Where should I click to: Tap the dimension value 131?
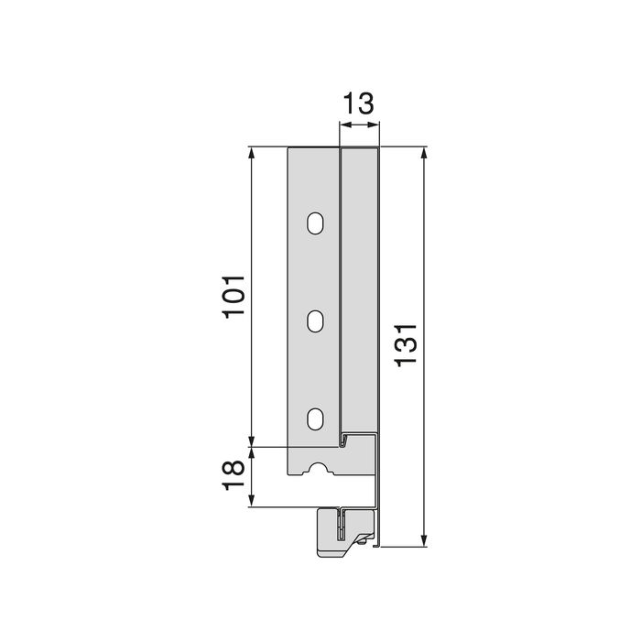(x=407, y=346)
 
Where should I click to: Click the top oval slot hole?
(x=315, y=223)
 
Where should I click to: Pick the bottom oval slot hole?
(x=315, y=418)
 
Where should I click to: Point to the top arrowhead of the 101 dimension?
(x=252, y=152)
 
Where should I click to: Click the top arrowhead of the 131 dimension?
(x=423, y=152)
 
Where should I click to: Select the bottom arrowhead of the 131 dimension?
(x=423, y=539)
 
